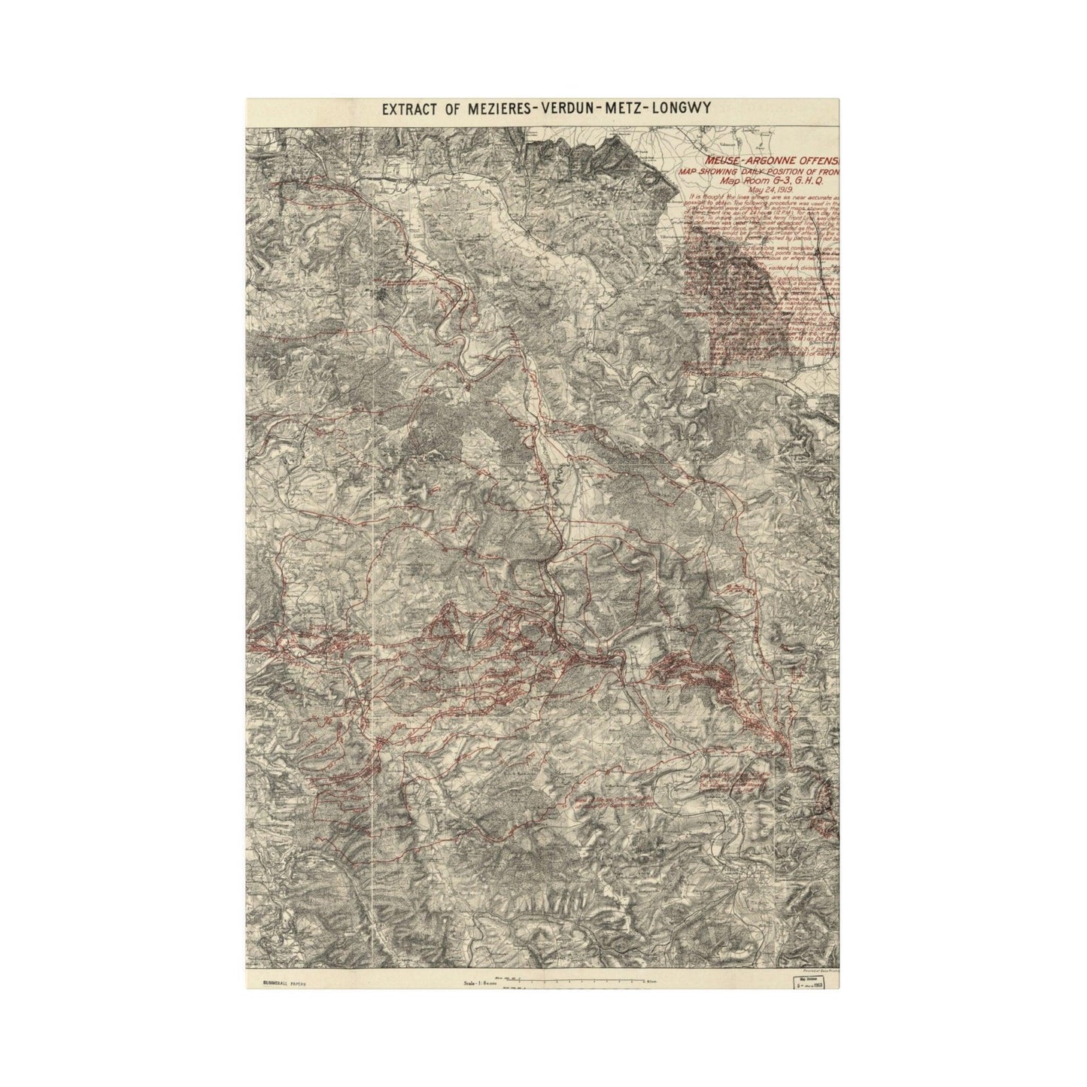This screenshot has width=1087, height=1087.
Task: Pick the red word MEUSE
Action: click(723, 161)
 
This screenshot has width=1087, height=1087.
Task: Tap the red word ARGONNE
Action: click(769, 161)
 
